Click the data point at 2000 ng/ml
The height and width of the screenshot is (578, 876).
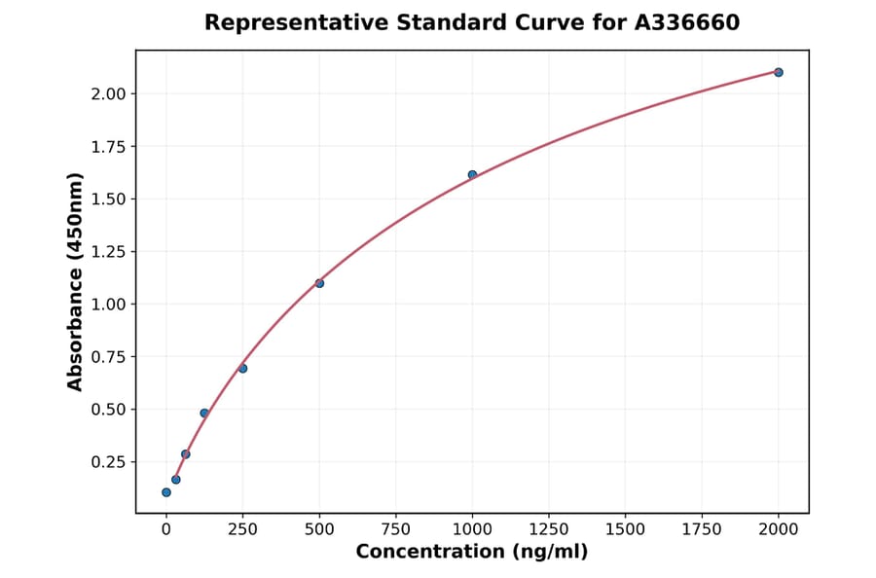click(779, 72)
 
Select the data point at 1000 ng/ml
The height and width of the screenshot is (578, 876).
click(472, 175)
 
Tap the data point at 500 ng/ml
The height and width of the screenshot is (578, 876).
click(319, 283)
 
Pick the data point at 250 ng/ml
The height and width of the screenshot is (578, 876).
click(242, 368)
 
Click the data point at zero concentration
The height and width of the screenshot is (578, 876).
click(166, 492)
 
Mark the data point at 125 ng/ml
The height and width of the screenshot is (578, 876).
click(204, 413)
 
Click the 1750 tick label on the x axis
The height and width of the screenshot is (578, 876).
click(702, 528)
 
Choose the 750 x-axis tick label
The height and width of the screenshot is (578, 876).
click(396, 528)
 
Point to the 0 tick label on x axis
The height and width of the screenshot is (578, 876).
click(166, 528)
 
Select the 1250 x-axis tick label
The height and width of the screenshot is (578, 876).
click(549, 528)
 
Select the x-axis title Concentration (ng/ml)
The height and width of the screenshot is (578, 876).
click(472, 552)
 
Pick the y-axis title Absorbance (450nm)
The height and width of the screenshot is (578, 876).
click(75, 281)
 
